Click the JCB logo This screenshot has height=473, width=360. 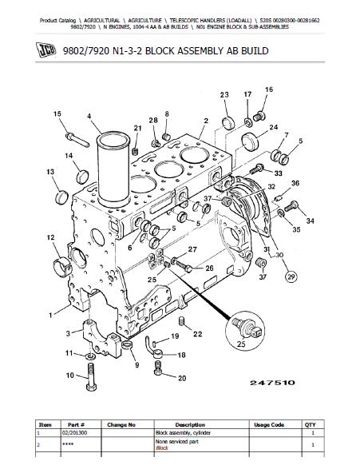point(45,50)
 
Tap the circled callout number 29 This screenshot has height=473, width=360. point(291,276)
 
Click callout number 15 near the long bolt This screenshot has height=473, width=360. point(57,113)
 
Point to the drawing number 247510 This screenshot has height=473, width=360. point(272,383)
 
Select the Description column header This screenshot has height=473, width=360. point(190,425)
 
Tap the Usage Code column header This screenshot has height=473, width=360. point(269,425)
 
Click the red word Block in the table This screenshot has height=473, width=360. point(162,447)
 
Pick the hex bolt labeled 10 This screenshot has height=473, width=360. point(91,377)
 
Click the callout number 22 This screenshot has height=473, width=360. point(198,334)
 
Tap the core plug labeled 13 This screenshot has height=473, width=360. point(61,197)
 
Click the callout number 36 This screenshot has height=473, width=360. point(295,183)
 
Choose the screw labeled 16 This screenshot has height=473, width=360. point(259,116)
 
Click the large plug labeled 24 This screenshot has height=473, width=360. point(251,141)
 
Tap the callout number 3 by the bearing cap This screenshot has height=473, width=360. point(68,333)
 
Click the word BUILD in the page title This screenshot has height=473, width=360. point(254,50)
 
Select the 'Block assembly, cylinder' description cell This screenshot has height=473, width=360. point(183,433)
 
